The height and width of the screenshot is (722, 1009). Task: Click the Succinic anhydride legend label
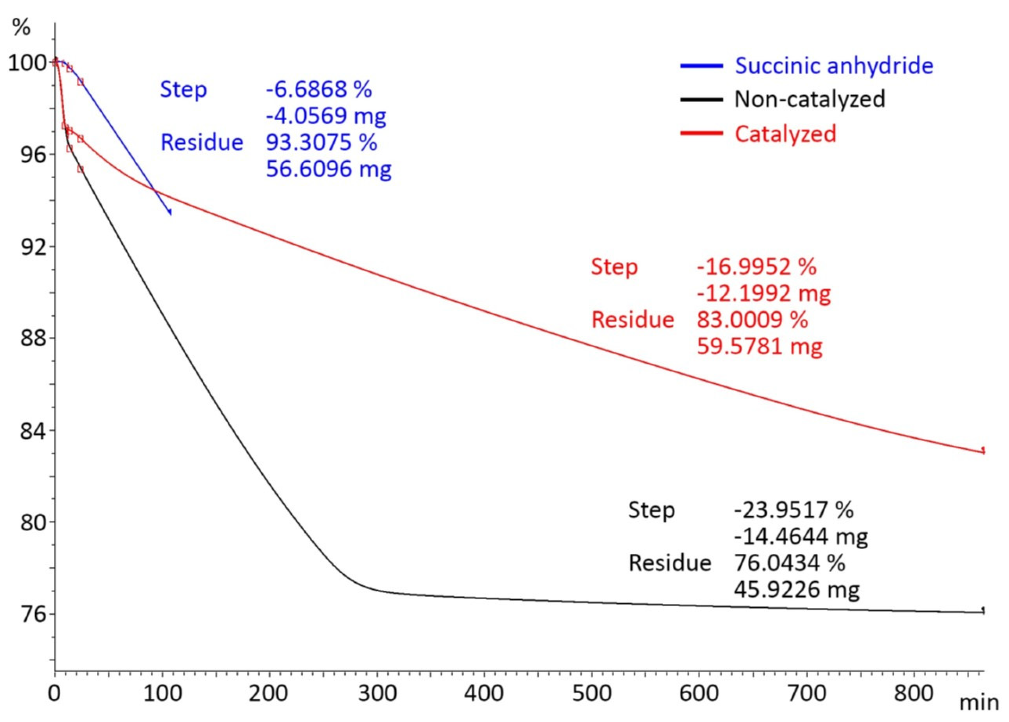(x=834, y=65)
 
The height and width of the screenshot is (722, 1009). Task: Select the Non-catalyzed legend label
(x=810, y=99)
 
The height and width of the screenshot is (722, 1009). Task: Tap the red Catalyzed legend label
(x=785, y=133)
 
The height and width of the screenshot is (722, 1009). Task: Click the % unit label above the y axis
(x=21, y=28)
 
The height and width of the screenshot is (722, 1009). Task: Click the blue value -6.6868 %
(x=319, y=89)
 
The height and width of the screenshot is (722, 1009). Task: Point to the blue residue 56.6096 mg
(x=329, y=169)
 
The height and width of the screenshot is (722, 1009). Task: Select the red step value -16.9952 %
(x=756, y=267)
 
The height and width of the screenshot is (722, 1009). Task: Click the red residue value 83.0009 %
(x=752, y=320)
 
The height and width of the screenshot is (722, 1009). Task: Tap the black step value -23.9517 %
(x=794, y=509)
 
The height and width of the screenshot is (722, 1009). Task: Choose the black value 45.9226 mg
(x=796, y=589)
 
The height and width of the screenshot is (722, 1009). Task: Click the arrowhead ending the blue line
(x=171, y=214)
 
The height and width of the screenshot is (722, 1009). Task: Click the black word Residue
(x=669, y=563)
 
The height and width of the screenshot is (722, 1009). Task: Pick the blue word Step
(x=183, y=89)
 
